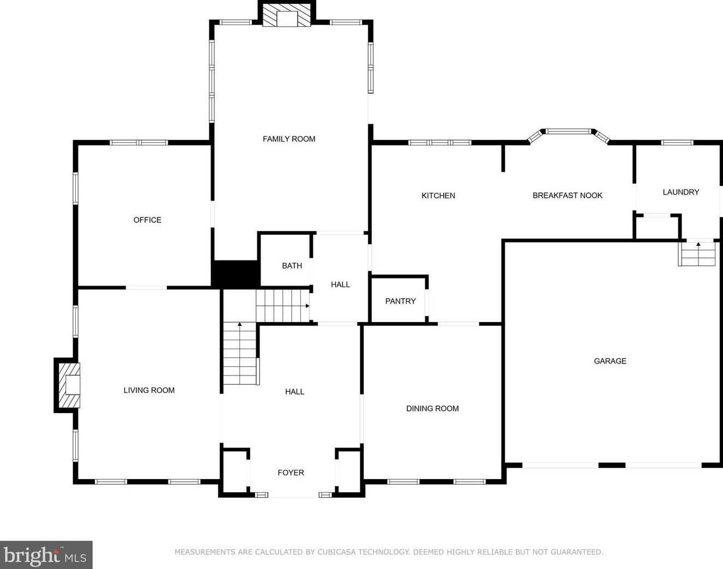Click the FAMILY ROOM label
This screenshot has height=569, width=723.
pos(289,139)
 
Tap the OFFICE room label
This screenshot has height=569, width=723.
pos(147,220)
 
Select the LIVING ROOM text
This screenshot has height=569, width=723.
pos(149,390)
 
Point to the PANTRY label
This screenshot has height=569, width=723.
pos(400,301)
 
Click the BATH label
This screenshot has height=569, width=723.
pos(292,265)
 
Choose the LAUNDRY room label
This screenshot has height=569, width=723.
pos(681,192)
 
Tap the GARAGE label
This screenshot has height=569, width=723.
pos(610,361)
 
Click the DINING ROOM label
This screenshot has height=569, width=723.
pos(432,408)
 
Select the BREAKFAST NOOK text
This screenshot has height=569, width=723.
pos(568,196)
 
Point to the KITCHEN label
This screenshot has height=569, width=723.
pos(438,196)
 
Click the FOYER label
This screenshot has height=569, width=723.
pos(291,473)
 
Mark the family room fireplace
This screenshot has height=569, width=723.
pos(287,15)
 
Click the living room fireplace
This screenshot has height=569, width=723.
pos(68,385)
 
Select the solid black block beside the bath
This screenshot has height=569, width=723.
pos(236,274)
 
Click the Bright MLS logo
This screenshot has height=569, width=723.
pos(46,555)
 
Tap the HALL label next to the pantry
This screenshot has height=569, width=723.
pos(340,284)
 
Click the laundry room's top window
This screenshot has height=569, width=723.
pos(677,142)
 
